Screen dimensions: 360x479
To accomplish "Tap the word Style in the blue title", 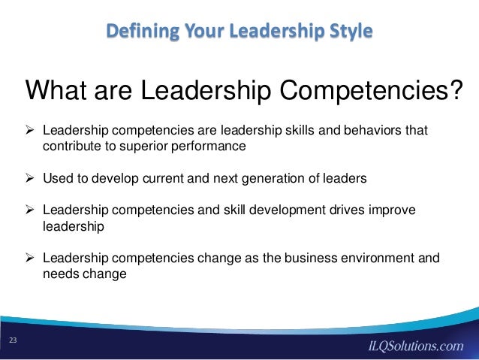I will point(346,32).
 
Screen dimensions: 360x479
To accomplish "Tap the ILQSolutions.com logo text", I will point(414,346).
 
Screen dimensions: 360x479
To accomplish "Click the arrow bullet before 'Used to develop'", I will point(32,180).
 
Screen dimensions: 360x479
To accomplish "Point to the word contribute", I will point(70,146).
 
